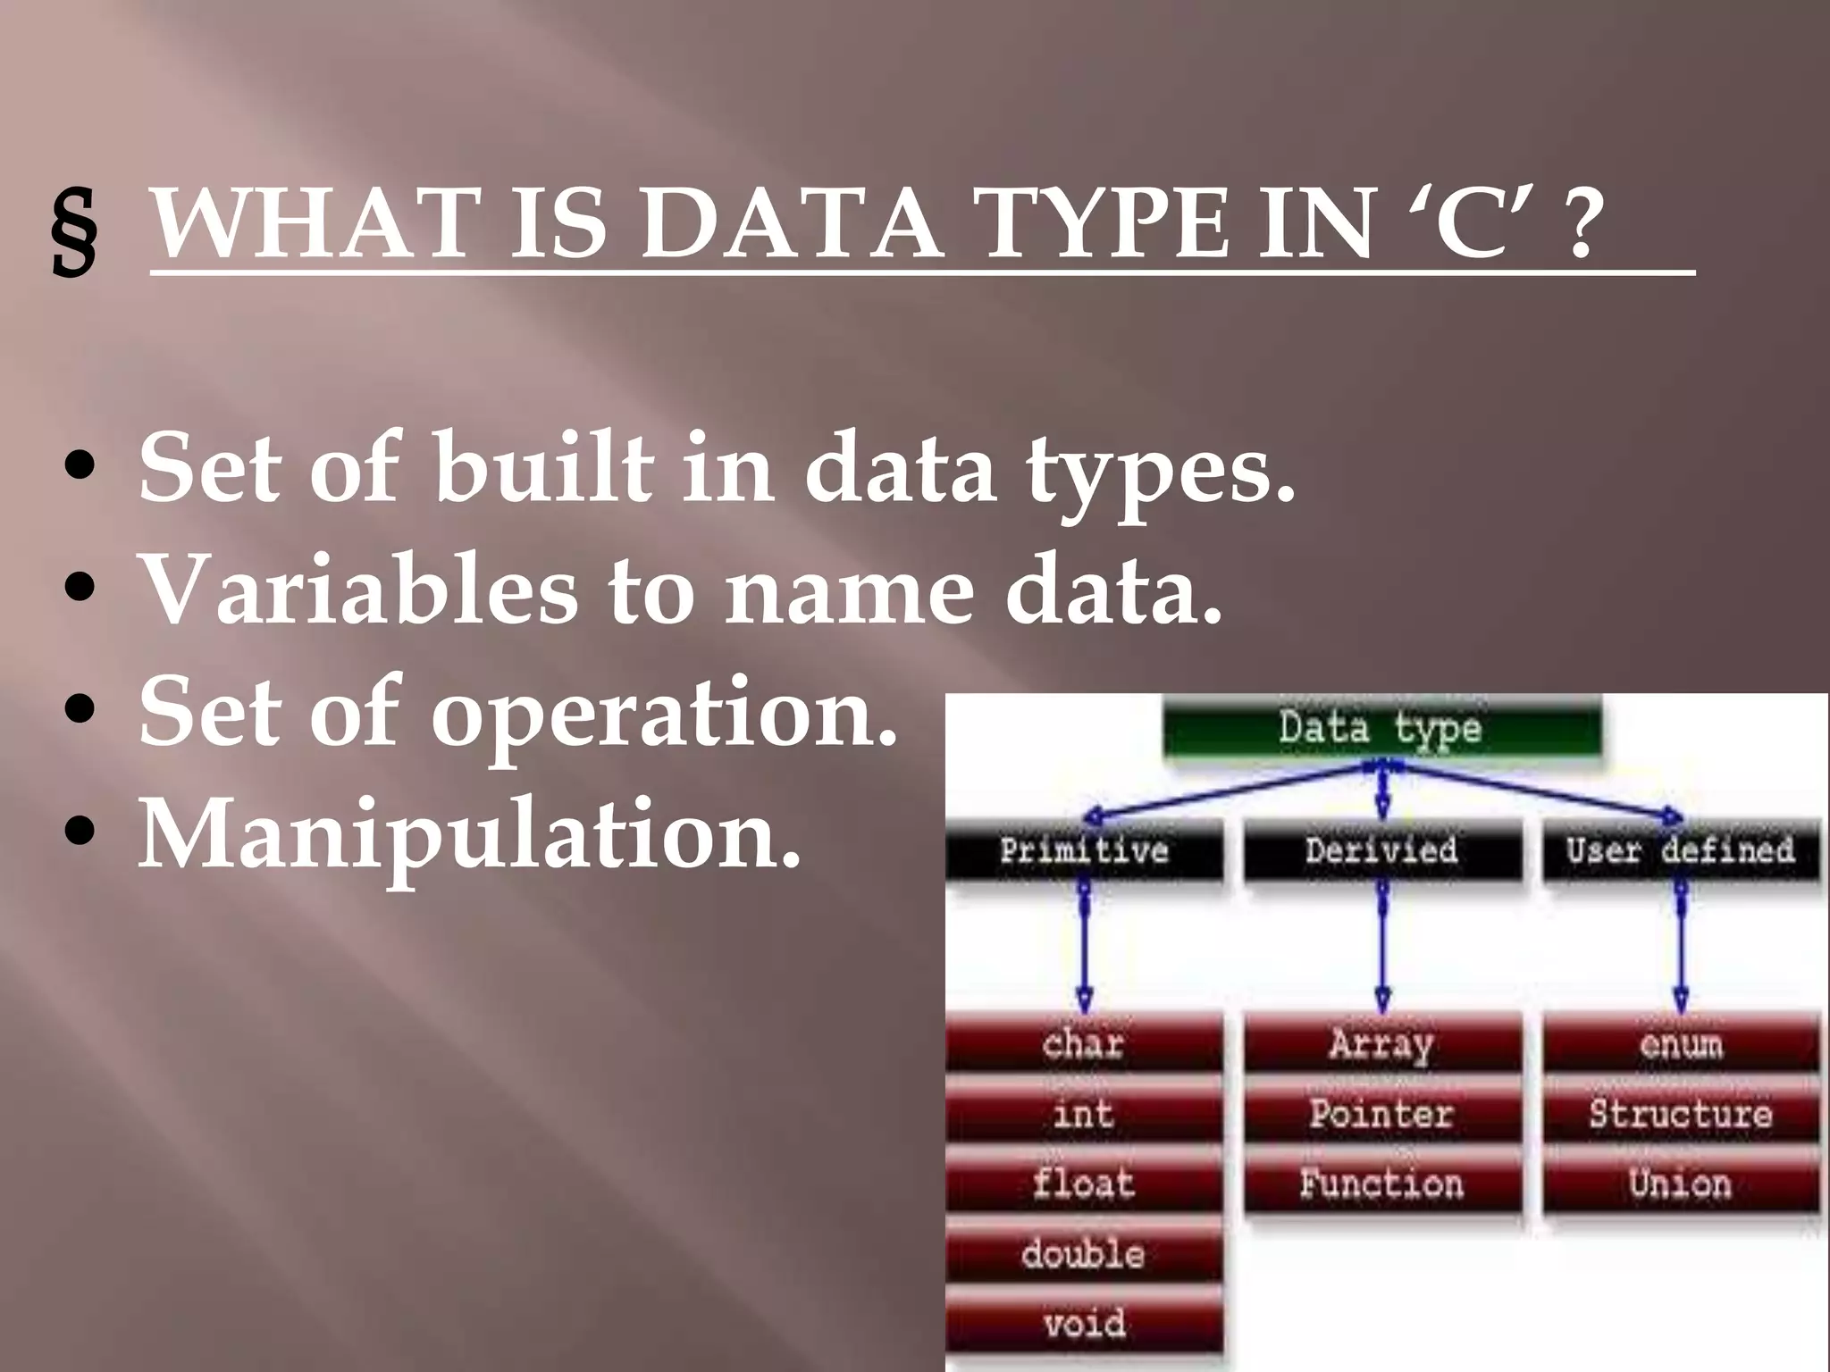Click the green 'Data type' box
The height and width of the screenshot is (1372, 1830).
pyautogui.click(x=1381, y=727)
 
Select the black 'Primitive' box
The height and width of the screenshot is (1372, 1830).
pyautogui.click(x=1084, y=849)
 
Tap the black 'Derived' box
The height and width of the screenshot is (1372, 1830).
pyautogui.click(x=1382, y=849)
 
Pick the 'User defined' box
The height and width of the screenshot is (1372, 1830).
pyautogui.click(x=1681, y=849)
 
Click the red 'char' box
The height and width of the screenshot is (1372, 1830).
pyautogui.click(x=1084, y=1043)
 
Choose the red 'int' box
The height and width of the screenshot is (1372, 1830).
pyautogui.click(x=1084, y=1114)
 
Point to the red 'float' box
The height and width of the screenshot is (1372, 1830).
pyautogui.click(x=1084, y=1184)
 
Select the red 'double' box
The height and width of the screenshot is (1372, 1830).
pyautogui.click(x=1084, y=1254)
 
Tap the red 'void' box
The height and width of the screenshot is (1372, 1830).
pyautogui.click(x=1084, y=1324)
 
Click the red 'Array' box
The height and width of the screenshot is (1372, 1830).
pyautogui.click(x=1382, y=1043)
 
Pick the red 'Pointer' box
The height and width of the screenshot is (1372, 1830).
pyautogui.click(x=1382, y=1114)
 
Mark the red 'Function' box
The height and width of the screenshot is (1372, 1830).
pyautogui.click(x=1382, y=1184)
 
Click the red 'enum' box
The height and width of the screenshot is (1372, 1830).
pyautogui.click(x=1681, y=1043)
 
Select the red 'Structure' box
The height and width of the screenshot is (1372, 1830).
pyautogui.click(x=1681, y=1114)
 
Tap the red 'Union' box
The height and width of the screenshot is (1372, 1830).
pyautogui.click(x=1681, y=1184)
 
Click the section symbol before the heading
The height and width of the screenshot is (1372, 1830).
pyautogui.click(x=73, y=233)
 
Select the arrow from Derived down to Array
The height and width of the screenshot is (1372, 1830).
pyautogui.click(x=1383, y=947)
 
